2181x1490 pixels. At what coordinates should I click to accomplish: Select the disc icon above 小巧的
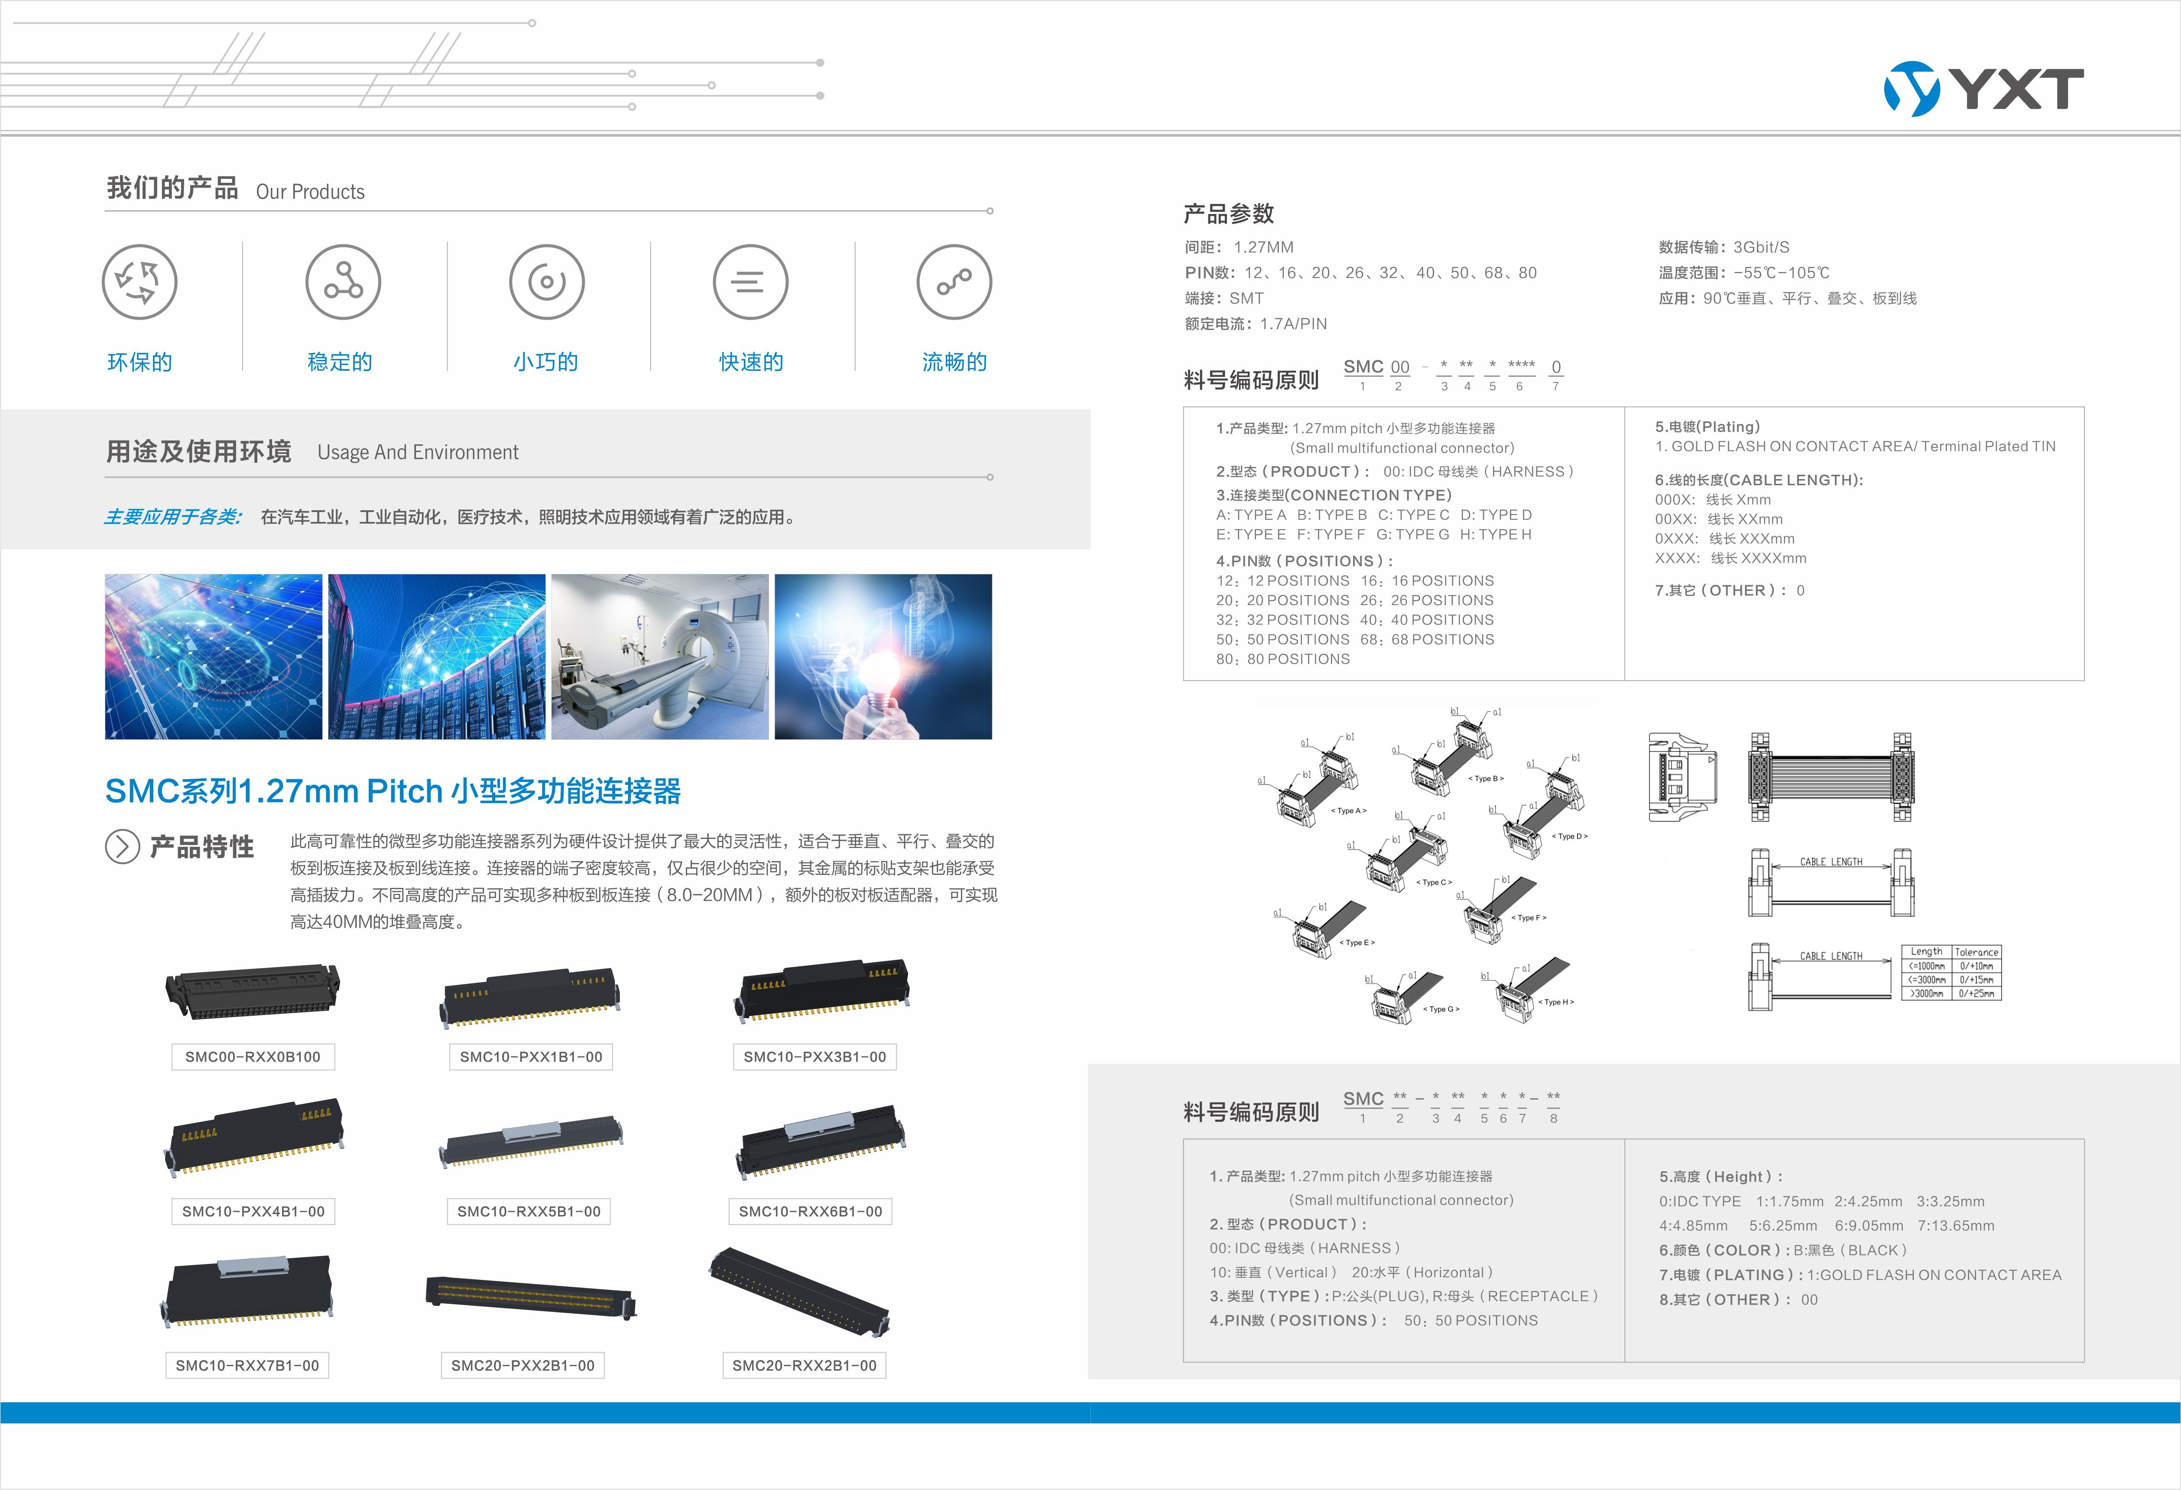click(x=546, y=282)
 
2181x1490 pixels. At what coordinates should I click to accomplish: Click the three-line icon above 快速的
click(x=750, y=282)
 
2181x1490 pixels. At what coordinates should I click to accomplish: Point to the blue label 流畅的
click(x=954, y=362)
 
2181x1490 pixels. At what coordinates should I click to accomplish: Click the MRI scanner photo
click(x=660, y=657)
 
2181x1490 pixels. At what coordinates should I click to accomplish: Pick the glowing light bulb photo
click(x=883, y=657)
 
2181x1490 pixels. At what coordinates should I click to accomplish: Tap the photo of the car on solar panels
click(x=213, y=657)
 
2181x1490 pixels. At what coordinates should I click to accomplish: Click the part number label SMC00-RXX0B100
click(x=253, y=1056)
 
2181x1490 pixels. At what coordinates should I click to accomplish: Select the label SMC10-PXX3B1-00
click(x=815, y=1056)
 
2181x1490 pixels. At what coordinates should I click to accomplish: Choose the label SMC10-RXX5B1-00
click(x=529, y=1211)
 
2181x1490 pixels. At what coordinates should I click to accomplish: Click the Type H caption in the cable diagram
click(x=1556, y=1002)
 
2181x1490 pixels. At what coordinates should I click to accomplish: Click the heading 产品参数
click(x=1228, y=214)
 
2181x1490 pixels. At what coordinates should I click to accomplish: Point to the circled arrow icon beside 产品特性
click(x=122, y=846)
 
